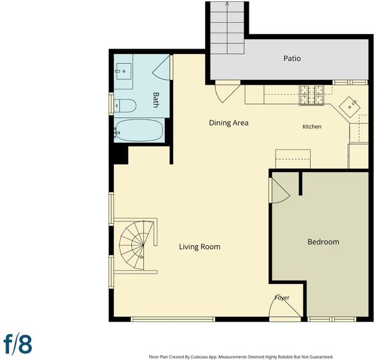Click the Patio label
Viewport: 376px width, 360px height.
tap(292, 58)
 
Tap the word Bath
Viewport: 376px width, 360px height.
tap(156, 100)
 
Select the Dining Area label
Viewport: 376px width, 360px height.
tap(228, 122)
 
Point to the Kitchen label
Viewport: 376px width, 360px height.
tap(312, 127)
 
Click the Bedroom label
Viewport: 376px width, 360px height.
tap(323, 242)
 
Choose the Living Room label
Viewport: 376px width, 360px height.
tap(200, 247)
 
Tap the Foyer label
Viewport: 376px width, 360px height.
tap(282, 298)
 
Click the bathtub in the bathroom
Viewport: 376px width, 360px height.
tap(139, 130)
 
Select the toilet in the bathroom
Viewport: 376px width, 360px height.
tap(125, 106)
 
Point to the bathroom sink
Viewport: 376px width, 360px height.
tap(124, 71)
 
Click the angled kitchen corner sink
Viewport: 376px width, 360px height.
tap(350, 107)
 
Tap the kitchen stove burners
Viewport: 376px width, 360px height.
tap(311, 95)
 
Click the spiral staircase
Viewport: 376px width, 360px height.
tap(136, 245)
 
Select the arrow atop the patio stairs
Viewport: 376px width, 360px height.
tap(227, 4)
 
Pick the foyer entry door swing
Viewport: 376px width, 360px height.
tap(285, 308)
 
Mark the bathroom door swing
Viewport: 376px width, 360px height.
tap(161, 68)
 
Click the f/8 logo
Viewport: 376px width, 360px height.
tap(18, 344)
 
